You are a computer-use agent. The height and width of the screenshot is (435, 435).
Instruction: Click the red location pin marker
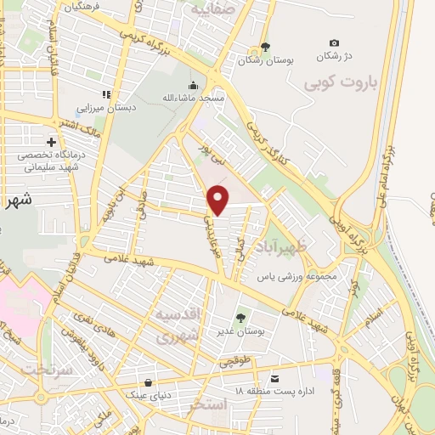(219, 201)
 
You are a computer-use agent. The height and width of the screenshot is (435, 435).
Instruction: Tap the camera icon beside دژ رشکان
(334, 43)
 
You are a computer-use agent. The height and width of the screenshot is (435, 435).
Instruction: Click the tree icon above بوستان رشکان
(265, 48)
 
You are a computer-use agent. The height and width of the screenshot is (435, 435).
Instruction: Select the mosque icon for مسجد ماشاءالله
(194, 86)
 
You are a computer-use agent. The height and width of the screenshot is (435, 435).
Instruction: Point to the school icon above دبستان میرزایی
(106, 94)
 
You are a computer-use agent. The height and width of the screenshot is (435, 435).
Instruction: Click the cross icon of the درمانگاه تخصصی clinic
(52, 142)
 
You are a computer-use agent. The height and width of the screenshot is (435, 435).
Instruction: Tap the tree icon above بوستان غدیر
(241, 318)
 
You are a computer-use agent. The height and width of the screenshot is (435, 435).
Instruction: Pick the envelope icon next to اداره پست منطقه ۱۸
(274, 378)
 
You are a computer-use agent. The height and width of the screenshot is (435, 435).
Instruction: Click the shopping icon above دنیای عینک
(150, 382)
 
